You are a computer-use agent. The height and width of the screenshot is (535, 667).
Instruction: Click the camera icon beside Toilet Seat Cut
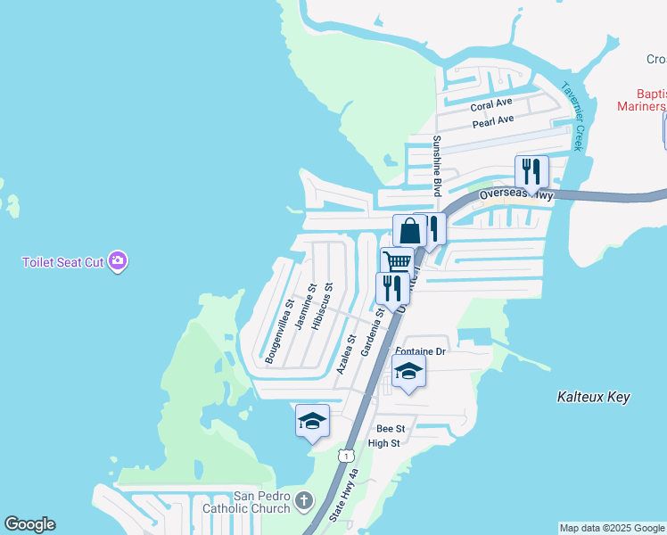pos(118,261)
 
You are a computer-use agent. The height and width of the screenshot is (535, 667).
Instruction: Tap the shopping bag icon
pos(409,230)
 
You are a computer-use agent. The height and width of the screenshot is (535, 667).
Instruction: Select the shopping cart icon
pos(397,261)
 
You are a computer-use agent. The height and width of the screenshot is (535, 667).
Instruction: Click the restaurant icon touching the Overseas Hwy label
pos(531,170)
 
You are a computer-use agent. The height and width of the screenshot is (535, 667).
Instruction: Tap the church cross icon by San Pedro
pos(304,500)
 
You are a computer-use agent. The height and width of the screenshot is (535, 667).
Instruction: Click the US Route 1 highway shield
pos(343,456)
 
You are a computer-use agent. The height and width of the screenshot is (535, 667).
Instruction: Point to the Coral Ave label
pos(491,105)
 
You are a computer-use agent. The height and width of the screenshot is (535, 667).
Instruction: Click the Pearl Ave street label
pos(493,120)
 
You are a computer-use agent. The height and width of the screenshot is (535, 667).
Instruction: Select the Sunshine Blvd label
pos(438,166)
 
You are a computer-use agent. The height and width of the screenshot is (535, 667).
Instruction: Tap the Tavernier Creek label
pos(572,116)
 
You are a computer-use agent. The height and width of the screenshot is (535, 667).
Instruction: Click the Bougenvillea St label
pos(279,331)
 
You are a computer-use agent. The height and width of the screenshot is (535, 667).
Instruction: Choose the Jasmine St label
pos(305,307)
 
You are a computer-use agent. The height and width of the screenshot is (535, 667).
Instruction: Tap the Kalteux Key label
pos(593,396)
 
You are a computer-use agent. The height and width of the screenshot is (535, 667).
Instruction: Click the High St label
pos(384,443)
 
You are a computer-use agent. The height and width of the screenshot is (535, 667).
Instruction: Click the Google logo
pos(29,524)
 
